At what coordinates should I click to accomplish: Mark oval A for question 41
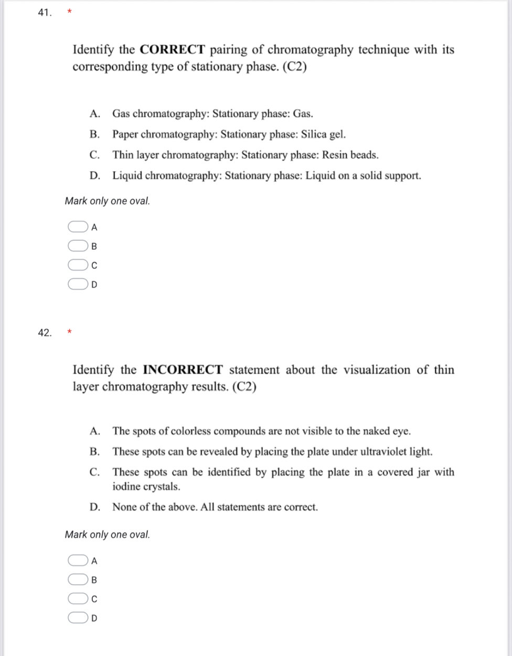[x=77, y=227]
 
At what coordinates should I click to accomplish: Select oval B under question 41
[x=77, y=246]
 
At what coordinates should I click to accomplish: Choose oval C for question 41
[x=77, y=266]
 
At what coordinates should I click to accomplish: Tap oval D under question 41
[x=77, y=284]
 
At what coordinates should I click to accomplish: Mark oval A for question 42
[x=77, y=560]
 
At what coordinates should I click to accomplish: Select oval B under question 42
[x=77, y=580]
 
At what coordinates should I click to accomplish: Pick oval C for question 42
[x=77, y=599]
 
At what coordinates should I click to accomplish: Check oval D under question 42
[x=77, y=618]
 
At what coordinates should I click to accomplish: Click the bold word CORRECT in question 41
[x=172, y=50]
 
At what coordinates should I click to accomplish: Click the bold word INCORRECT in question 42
[x=183, y=369]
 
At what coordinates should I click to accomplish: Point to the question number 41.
[x=45, y=13]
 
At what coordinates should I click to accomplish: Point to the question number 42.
[x=45, y=333]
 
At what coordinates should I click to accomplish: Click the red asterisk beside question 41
[x=68, y=12]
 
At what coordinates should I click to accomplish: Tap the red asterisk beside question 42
[x=68, y=331]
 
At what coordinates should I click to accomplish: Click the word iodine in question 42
[x=126, y=486]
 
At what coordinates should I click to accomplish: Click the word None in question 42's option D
[x=124, y=507]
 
